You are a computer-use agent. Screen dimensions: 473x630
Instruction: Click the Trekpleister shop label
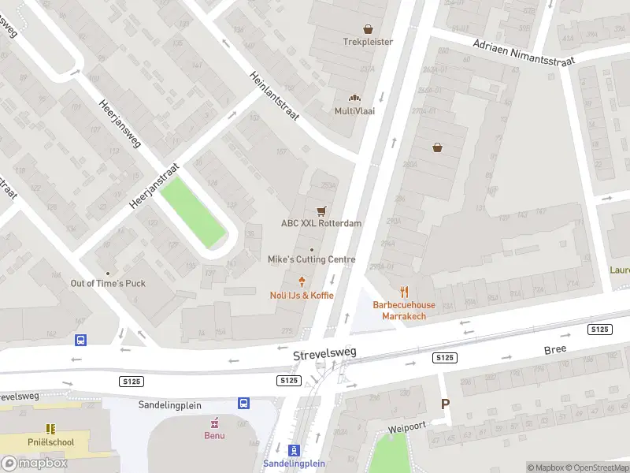[x=367, y=42]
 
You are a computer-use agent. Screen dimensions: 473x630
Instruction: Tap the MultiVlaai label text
[x=354, y=111]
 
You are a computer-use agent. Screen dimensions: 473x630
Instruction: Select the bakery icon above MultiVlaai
[x=354, y=98]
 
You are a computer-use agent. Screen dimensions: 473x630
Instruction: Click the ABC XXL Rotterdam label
[x=321, y=223]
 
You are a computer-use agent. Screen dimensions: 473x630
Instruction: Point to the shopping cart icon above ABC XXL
[x=321, y=210]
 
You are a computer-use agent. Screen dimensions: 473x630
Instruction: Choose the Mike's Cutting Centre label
[x=311, y=259]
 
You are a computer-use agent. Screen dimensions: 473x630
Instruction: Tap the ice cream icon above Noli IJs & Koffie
[x=302, y=281]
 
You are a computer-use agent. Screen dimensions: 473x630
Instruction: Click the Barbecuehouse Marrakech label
[x=404, y=311]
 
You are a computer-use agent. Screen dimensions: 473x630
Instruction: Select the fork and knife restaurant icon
[x=404, y=292]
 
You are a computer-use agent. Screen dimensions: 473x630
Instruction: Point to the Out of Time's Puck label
[x=108, y=283]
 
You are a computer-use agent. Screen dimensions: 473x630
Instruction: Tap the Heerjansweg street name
[x=120, y=125]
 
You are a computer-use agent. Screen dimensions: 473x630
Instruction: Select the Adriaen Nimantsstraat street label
[x=524, y=50]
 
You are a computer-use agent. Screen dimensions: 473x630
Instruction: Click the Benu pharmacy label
[x=214, y=435]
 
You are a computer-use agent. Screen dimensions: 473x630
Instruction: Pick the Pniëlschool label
[x=50, y=442]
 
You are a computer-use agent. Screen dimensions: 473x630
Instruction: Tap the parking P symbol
[x=445, y=404]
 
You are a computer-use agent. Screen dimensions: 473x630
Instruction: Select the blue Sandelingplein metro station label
[x=294, y=464]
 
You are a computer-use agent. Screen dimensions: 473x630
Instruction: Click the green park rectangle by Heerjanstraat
[x=193, y=211]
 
